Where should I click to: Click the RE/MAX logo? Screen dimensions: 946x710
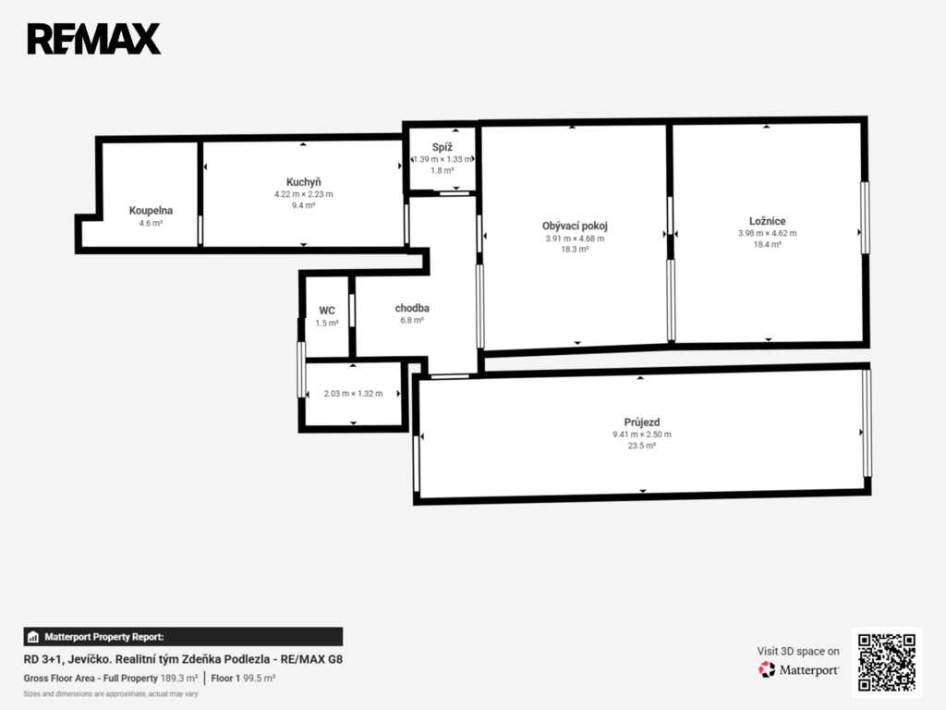(x=94, y=39)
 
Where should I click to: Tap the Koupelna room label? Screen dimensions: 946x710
(x=151, y=211)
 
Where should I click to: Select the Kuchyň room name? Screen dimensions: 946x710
(x=303, y=182)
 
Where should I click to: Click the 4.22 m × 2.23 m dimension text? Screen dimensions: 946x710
(x=303, y=194)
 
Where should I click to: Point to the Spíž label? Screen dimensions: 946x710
(x=443, y=147)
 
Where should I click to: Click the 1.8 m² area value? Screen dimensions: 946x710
(x=443, y=171)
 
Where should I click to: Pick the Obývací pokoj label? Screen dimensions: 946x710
(x=575, y=226)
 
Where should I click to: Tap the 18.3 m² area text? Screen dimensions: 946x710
(x=575, y=250)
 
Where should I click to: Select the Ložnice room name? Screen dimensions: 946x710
(x=768, y=221)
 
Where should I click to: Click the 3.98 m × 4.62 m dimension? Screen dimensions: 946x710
(x=768, y=233)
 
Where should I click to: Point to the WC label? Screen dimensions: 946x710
(x=327, y=311)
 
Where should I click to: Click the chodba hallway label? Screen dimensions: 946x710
(x=412, y=308)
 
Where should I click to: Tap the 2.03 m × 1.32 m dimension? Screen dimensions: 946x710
(x=353, y=394)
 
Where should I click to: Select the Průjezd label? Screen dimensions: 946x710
(x=642, y=422)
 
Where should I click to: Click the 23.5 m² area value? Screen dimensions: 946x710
(x=642, y=446)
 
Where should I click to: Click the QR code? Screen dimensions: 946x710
(x=887, y=662)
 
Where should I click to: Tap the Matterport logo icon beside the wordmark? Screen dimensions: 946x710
(x=767, y=669)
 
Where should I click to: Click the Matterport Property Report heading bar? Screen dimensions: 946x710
(x=184, y=637)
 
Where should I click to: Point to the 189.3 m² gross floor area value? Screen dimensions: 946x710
(x=179, y=679)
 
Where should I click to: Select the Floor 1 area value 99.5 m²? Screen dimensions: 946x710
(x=260, y=679)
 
